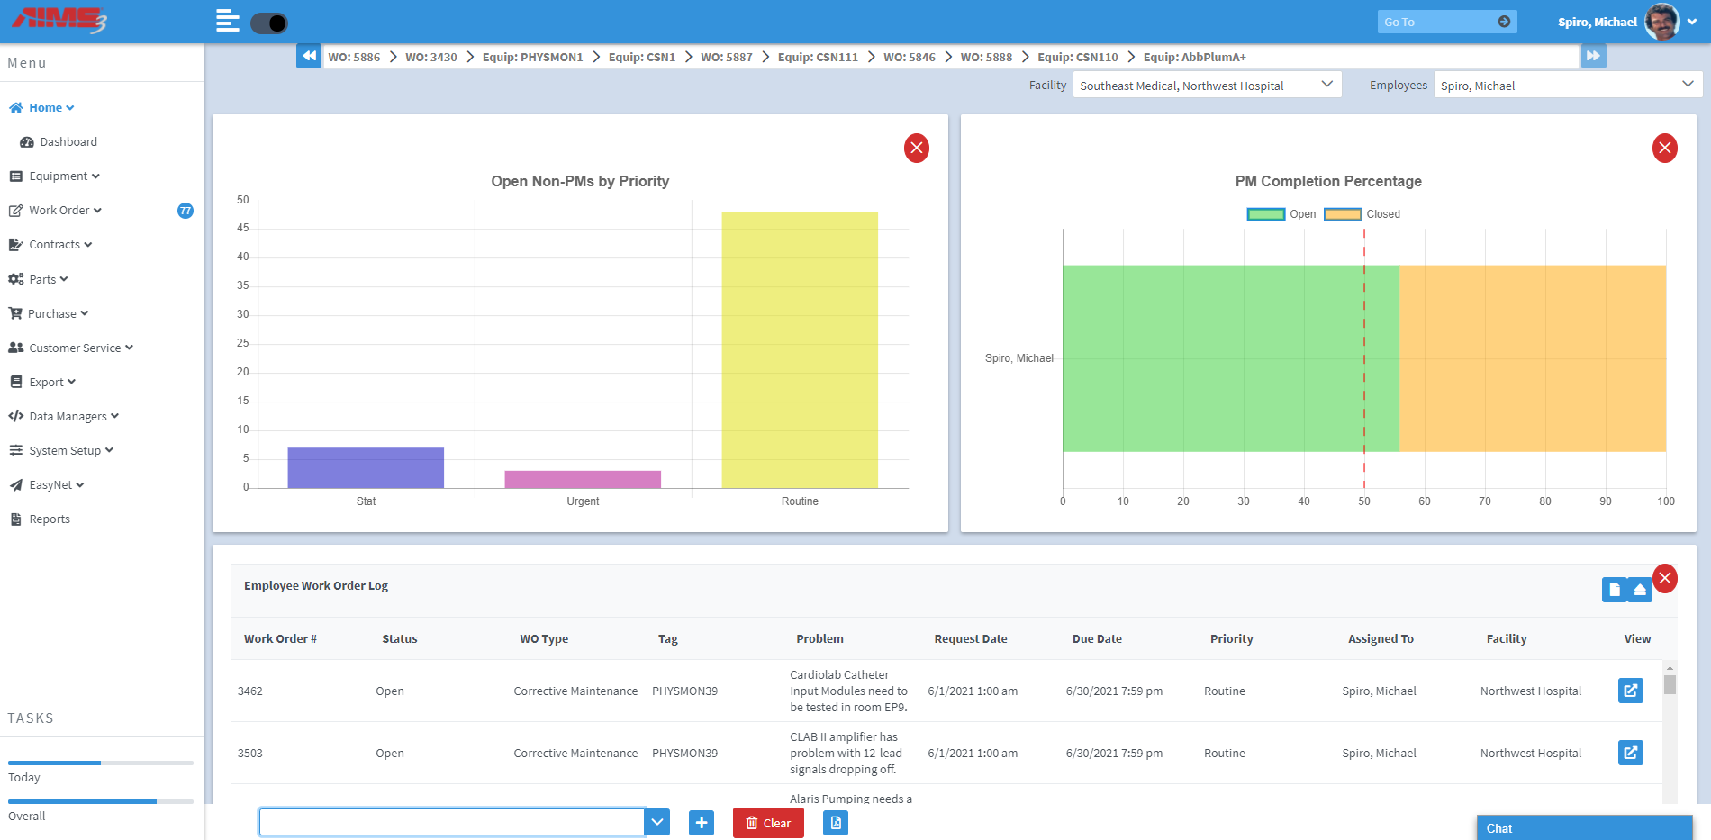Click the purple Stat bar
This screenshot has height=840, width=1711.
(366, 467)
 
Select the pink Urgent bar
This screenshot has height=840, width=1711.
(583, 479)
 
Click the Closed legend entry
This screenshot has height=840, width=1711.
(1362, 214)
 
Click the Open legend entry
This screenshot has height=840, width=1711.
(1281, 214)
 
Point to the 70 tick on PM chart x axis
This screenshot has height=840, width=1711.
(1484, 501)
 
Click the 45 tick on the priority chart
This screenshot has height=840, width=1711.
(243, 228)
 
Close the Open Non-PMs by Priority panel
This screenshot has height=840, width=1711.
(916, 148)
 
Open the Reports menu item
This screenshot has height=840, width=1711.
(50, 519)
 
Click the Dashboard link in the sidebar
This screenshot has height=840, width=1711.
(68, 142)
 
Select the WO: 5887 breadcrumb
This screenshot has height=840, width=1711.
(726, 57)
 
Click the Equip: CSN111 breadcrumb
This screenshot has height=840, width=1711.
(818, 57)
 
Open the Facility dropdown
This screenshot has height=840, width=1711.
(1206, 86)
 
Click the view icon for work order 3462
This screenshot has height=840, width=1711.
(1630, 691)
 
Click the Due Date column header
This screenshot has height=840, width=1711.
(1097, 639)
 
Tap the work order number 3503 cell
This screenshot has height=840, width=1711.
(250, 754)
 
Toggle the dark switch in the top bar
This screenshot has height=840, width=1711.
(268, 23)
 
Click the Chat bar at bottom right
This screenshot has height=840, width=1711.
(1583, 828)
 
